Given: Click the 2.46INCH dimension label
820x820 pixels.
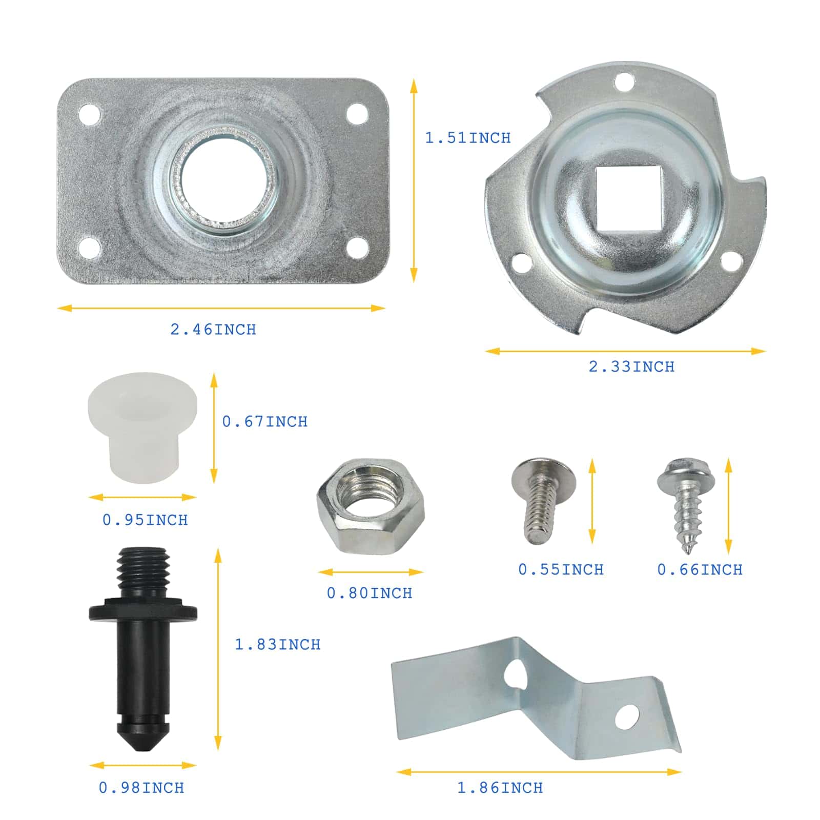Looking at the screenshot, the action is click(213, 329).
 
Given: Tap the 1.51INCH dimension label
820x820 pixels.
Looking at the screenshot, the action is click(468, 138).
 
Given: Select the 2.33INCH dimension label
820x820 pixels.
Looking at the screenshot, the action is click(631, 366).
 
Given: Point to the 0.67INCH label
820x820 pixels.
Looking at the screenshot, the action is click(265, 421).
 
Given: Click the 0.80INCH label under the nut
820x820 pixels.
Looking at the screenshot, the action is click(370, 593).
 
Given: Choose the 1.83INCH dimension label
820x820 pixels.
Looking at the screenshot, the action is click(277, 644).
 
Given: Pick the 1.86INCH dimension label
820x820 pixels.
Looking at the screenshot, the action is click(500, 788).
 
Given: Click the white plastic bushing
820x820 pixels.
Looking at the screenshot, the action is click(142, 428).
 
